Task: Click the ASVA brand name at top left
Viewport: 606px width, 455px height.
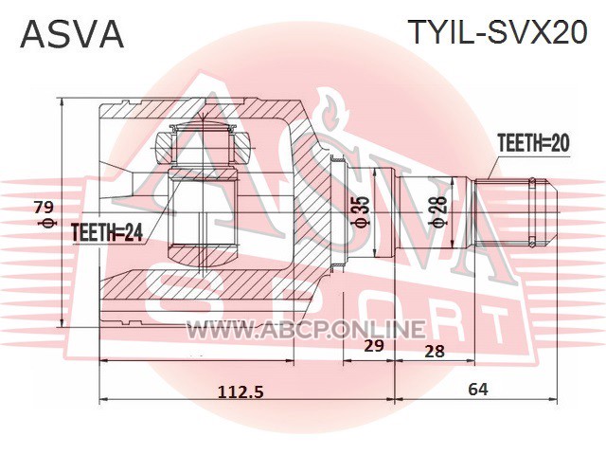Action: coord(72,34)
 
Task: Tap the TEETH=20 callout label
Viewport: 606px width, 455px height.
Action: coord(533,142)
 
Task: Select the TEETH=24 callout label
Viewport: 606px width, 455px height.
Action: coord(107,233)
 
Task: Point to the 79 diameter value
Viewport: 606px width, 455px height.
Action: coord(44,208)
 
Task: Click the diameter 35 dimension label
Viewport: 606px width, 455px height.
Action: coord(363,211)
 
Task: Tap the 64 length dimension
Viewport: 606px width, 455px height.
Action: coord(478,390)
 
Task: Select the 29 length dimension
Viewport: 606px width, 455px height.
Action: coord(374,345)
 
